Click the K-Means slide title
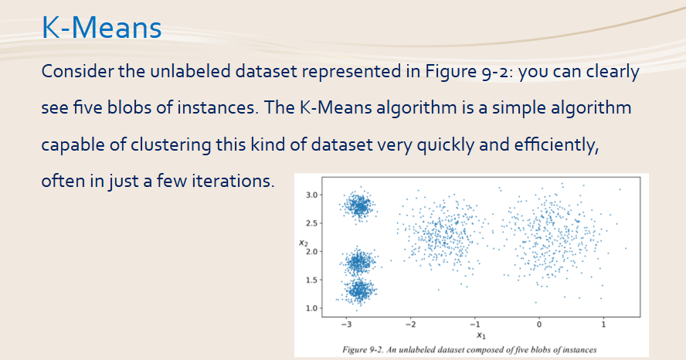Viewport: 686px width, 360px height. tap(101, 27)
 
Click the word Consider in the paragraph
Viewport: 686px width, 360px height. tap(77, 71)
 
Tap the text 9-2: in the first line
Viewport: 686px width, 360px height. tap(497, 72)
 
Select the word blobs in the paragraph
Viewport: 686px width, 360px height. tap(128, 107)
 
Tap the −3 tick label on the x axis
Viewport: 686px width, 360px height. tap(346, 324)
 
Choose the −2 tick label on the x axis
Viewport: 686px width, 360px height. tap(410, 324)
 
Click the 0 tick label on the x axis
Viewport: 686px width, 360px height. tap(539, 324)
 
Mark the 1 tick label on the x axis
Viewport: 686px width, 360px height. tap(603, 324)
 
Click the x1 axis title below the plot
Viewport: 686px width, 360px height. tap(481, 335)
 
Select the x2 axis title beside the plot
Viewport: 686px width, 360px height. tap(303, 243)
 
